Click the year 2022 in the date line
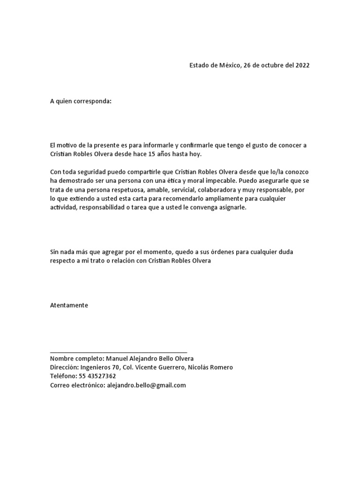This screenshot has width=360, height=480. (302, 65)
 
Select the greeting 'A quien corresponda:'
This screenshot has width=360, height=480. (81, 101)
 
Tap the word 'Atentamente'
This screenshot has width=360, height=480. (69, 305)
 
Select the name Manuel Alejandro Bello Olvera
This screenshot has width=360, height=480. (147, 359)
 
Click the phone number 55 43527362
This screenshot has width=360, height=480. (98, 376)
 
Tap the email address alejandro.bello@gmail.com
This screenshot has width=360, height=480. (147, 385)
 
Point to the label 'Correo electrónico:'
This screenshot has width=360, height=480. (78, 385)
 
